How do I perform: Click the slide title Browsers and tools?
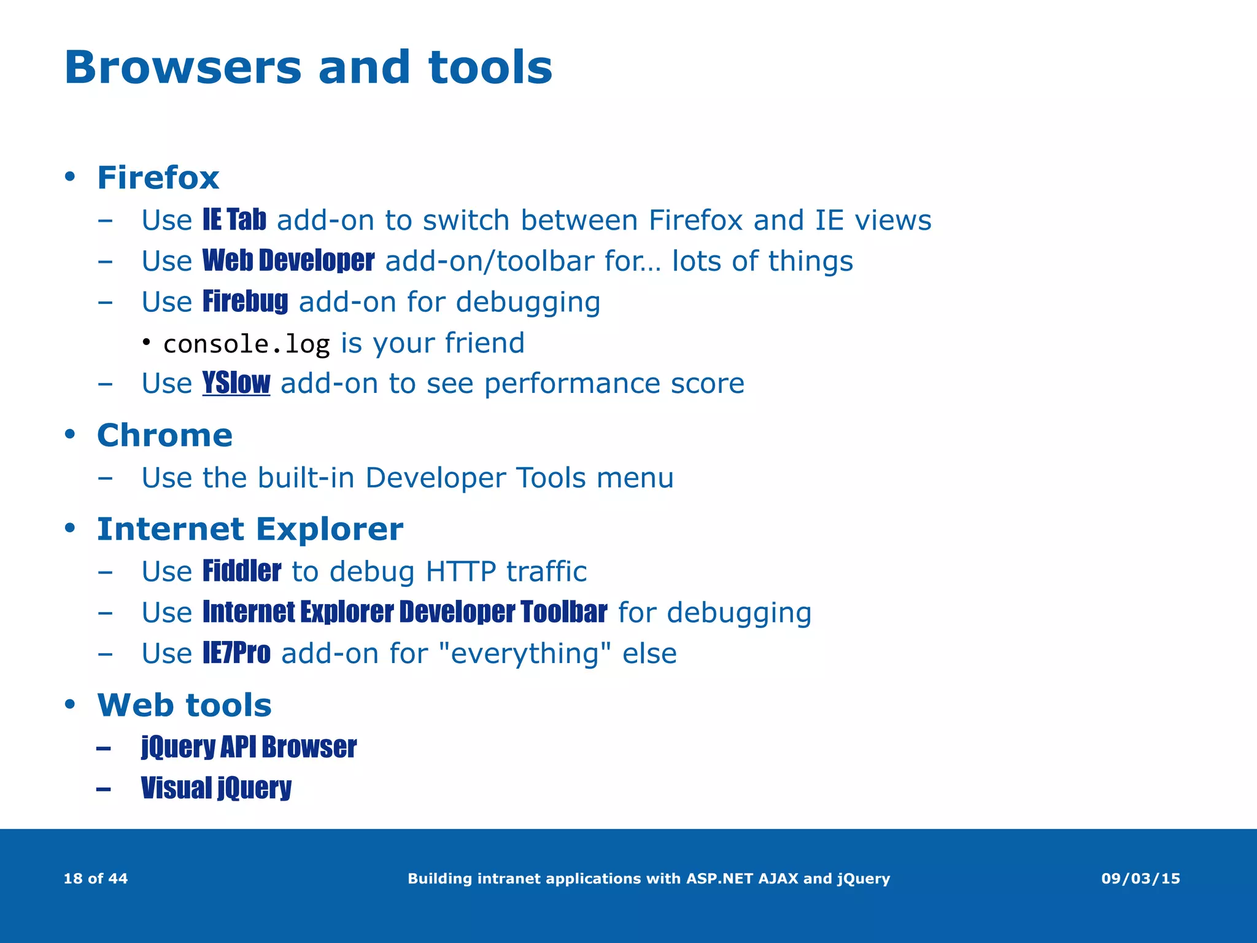tap(308, 68)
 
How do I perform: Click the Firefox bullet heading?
tap(158, 178)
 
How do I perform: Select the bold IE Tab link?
tap(234, 220)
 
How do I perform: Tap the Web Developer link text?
tap(288, 261)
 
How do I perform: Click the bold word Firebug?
tap(245, 301)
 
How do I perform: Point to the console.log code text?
tap(246, 344)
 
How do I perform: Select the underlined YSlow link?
tap(236, 383)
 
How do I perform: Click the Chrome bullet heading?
tap(164, 436)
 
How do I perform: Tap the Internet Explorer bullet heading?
tap(250, 529)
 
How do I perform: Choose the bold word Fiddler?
tap(242, 571)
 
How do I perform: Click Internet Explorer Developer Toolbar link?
tap(404, 612)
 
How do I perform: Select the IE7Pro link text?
tap(236, 653)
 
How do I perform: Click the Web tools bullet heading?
tap(184, 705)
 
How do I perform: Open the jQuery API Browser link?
tap(249, 747)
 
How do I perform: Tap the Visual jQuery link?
tap(216, 788)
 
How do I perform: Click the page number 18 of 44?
tap(96, 879)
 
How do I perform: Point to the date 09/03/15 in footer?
tap(1140, 879)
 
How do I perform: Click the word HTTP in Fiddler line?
tap(460, 572)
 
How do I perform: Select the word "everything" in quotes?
tap(525, 653)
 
